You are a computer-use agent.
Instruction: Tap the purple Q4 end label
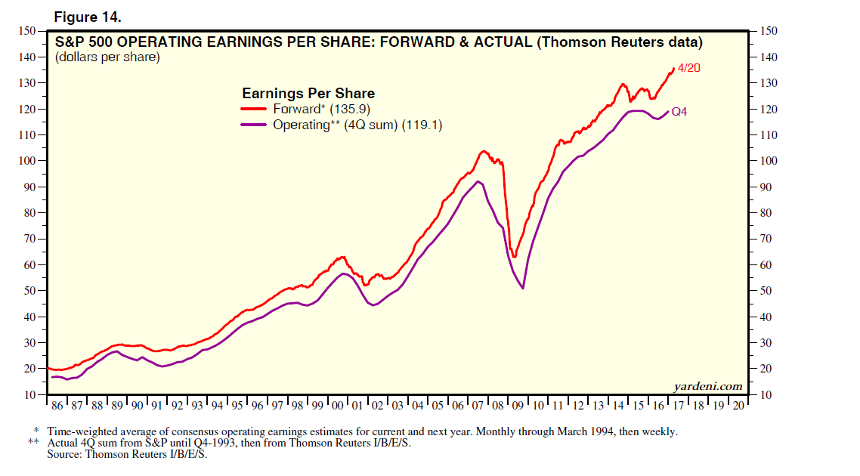click(679, 112)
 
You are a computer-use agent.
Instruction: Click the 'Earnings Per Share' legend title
click(308, 93)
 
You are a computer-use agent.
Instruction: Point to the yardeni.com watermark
click(707, 386)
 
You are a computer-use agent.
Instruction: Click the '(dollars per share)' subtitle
click(107, 57)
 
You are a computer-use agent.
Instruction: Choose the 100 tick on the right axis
click(766, 161)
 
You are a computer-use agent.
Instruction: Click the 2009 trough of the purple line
click(523, 288)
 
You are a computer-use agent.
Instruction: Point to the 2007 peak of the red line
click(484, 151)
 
